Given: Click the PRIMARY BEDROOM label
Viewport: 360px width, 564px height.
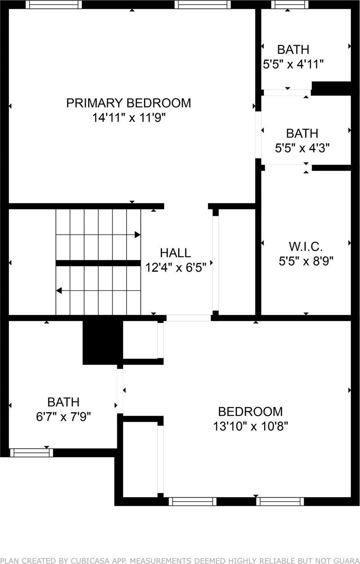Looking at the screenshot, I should click(x=128, y=103).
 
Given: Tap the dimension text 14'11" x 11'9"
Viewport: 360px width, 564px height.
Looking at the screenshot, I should click(x=129, y=118).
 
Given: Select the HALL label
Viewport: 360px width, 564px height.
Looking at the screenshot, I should click(x=175, y=253).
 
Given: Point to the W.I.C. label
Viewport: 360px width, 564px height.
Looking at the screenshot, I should click(x=306, y=246).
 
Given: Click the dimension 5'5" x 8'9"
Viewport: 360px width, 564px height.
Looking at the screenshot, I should click(x=306, y=261).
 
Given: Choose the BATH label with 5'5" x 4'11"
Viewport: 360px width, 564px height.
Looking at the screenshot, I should click(x=293, y=49).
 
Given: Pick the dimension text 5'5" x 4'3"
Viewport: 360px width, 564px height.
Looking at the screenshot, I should click(x=302, y=148).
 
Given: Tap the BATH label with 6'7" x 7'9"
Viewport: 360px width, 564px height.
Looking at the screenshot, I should click(x=63, y=402).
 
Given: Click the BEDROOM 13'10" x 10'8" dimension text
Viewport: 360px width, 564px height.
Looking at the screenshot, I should click(x=250, y=426).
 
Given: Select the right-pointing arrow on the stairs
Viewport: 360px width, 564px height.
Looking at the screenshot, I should click(x=137, y=234).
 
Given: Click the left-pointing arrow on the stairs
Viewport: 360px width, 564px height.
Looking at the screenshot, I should click(x=59, y=290).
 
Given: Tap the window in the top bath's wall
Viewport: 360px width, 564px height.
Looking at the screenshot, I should click(x=289, y=5).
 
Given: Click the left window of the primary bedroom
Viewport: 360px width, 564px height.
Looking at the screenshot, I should click(x=54, y=5).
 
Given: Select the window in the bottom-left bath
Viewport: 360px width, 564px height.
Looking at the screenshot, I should click(x=31, y=453).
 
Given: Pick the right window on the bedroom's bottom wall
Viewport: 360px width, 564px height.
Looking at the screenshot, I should click(x=280, y=502).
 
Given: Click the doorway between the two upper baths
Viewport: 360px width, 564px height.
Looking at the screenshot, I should click(x=287, y=92).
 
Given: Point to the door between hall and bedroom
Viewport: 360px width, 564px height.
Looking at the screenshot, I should click(x=188, y=318).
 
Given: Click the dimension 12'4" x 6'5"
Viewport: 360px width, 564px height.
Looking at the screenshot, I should click(x=175, y=267).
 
